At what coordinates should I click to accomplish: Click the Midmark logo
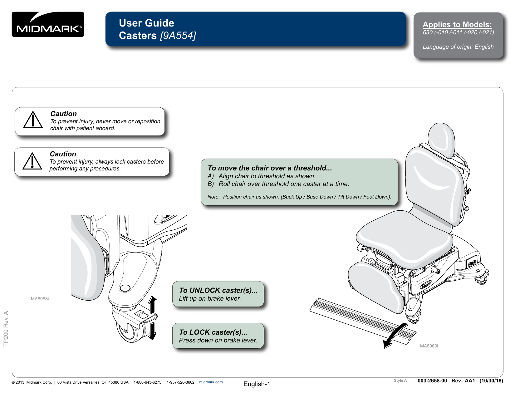(x=48, y=25)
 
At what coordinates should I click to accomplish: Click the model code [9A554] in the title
(x=178, y=36)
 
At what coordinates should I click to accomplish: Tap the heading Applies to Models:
(x=457, y=25)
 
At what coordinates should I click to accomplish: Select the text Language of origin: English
(x=458, y=47)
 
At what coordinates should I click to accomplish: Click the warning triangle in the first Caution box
(x=33, y=120)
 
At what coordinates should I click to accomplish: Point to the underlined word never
(x=103, y=121)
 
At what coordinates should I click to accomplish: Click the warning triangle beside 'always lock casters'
(x=32, y=161)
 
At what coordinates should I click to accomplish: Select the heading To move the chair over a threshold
(x=270, y=168)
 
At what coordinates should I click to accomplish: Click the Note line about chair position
(x=299, y=197)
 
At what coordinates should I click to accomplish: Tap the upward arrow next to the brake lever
(x=152, y=305)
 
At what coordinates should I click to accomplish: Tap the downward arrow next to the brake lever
(x=152, y=332)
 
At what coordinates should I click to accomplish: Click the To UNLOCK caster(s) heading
(x=218, y=290)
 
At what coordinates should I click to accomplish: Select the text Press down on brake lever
(x=218, y=341)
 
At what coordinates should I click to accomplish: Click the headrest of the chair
(x=441, y=139)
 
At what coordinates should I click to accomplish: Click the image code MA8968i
(x=40, y=299)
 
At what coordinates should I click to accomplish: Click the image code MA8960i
(x=429, y=346)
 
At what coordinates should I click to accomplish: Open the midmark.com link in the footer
(x=211, y=382)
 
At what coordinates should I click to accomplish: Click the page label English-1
(x=257, y=384)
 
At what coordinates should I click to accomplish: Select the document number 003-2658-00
(x=432, y=381)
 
